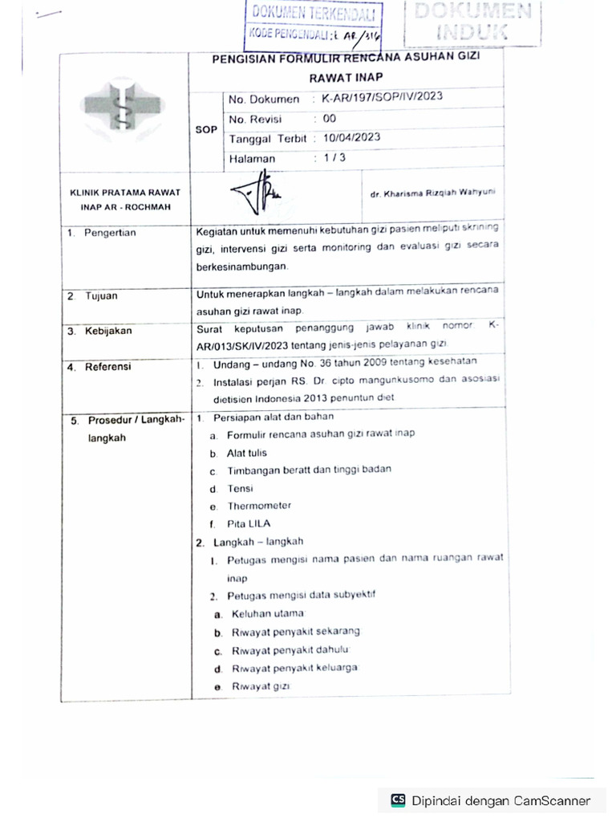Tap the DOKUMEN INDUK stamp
point(472,22)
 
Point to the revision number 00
point(329,118)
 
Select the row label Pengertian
point(111,233)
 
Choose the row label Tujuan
point(102,295)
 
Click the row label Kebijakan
point(110,330)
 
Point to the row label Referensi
point(110,367)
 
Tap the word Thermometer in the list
point(259,506)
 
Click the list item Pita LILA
point(249,523)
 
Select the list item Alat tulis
point(247,453)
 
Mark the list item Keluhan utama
point(261,614)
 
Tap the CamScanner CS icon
point(397,800)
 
